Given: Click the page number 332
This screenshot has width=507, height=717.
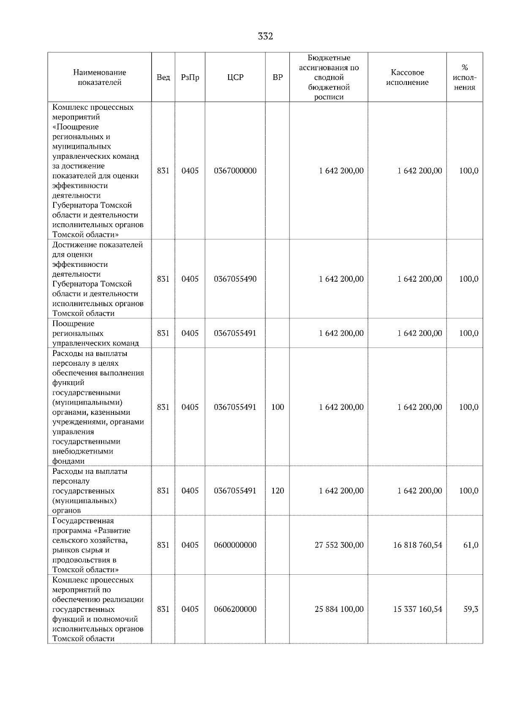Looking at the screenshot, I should pos(265,37).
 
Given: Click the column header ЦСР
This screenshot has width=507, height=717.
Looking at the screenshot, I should pos(235,78).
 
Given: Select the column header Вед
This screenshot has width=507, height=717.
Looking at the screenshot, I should pos(163,78).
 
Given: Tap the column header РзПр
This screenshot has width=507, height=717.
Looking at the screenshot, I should pos(190,78).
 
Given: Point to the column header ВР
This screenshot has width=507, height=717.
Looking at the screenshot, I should pos(278,78).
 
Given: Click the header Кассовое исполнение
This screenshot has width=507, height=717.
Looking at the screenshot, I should pos(407,78).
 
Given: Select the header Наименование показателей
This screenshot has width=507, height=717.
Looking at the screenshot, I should pos(99,78).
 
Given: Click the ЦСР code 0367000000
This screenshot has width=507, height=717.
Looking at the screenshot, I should pos(235,171).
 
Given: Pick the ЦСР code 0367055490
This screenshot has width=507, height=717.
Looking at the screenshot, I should pos(235,279).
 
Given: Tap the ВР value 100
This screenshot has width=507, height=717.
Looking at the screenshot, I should pos(278,407).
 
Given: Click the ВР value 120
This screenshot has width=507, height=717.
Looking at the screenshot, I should pos(278,491).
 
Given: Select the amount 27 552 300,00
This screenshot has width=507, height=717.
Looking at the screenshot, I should pos(339,546).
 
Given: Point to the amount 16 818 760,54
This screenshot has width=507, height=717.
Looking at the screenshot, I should pos(417,546).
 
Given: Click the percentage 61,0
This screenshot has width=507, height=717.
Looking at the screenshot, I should pos(471,546).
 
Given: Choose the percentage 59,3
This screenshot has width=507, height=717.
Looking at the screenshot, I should pos(471,610).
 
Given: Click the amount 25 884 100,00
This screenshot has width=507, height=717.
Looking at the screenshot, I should pos(339,610).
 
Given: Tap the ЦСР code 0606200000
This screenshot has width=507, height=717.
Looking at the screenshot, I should pos(235,610).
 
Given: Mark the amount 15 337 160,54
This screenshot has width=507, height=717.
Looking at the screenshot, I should pos(417,610).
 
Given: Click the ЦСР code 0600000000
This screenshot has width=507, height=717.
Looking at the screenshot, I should pos(235,546).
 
